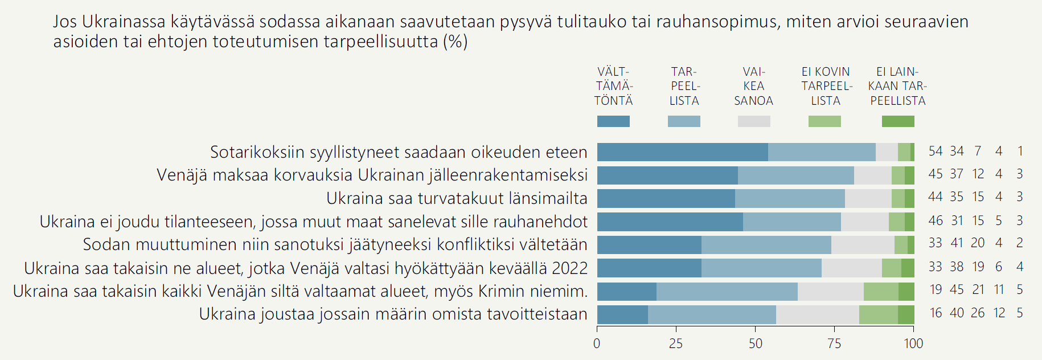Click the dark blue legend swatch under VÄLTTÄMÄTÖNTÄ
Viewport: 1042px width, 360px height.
pos(613,121)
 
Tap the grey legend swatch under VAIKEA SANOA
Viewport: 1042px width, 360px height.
pos(754,121)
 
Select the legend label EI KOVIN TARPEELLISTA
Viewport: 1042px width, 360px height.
pos(826,87)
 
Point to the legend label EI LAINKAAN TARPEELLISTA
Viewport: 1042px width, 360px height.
pos(897,87)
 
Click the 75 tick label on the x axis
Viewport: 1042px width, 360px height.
pos(834,343)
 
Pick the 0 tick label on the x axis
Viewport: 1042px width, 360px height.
pos(597,343)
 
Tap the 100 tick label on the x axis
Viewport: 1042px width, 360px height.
pos(913,343)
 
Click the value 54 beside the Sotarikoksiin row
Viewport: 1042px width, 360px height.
pos(936,152)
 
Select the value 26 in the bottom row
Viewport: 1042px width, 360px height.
pos(978,313)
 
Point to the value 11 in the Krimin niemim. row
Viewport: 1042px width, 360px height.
pos(999,290)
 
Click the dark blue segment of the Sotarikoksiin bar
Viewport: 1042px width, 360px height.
pos(682,152)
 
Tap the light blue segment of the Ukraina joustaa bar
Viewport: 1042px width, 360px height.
pos(712,314)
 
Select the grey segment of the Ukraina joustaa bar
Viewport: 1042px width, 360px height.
pos(817,314)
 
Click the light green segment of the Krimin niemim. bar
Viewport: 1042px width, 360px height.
pos(881,292)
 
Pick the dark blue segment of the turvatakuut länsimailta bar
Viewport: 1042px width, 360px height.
pos(666,198)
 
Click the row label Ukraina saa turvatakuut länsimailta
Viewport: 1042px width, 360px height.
pos(457,198)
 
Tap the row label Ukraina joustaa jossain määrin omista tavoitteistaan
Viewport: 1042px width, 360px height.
pos(393,314)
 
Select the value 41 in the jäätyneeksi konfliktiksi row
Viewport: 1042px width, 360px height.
pos(957,243)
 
